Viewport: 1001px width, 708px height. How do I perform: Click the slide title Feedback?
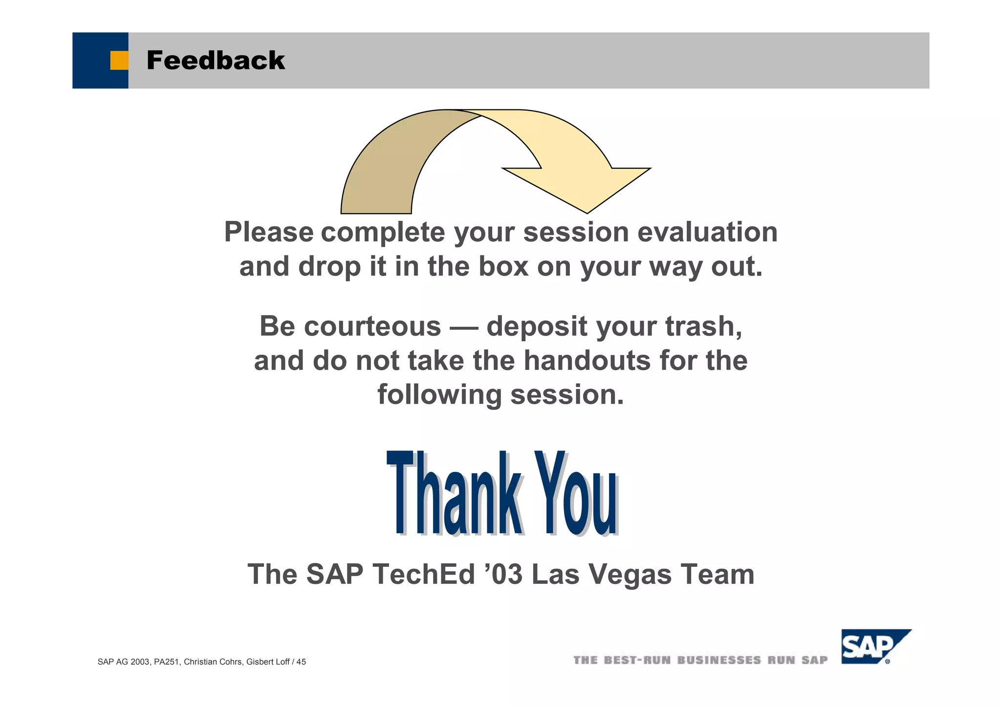coord(215,61)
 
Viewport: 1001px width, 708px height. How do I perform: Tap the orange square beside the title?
coord(119,61)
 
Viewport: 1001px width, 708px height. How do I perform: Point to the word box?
coord(503,266)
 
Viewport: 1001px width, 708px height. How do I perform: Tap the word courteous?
coord(372,326)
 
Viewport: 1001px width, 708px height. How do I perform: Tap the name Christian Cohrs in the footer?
coord(213,662)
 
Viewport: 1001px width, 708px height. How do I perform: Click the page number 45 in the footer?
coord(301,662)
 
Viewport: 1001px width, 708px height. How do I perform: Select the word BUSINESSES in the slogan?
coord(719,661)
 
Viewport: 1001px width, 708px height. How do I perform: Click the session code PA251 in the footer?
coord(166,662)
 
